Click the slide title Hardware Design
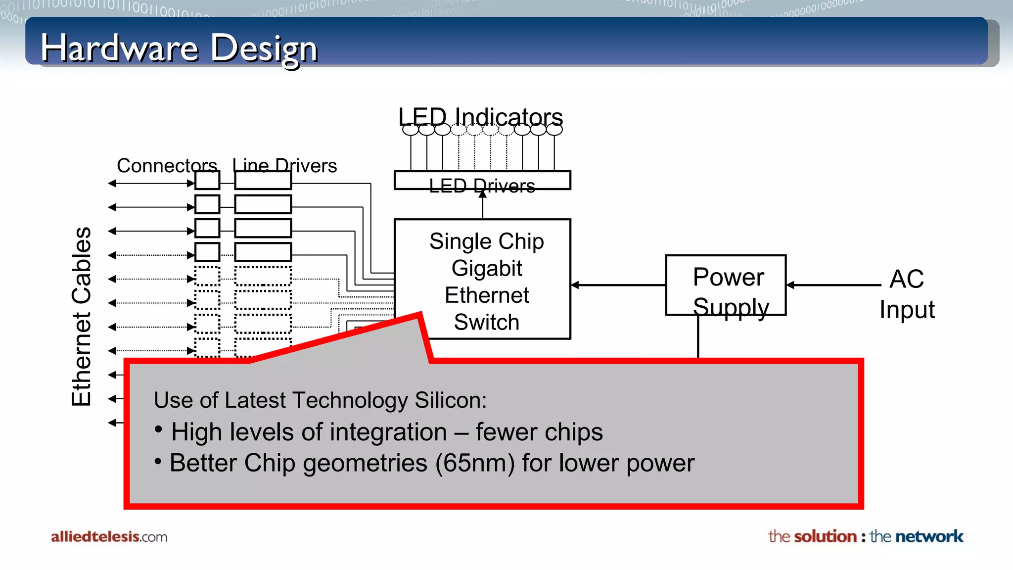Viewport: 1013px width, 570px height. click(x=179, y=48)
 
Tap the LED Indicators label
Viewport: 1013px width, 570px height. click(x=480, y=117)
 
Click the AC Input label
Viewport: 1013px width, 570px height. click(x=907, y=294)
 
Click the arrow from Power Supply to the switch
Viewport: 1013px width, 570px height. click(x=618, y=285)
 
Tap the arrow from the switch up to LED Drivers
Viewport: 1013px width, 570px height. click(x=483, y=205)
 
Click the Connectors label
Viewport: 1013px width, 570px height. click(x=167, y=165)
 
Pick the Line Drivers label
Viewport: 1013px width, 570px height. click(x=285, y=165)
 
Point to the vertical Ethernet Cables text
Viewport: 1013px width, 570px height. click(x=82, y=317)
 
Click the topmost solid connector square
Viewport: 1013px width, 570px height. click(x=207, y=181)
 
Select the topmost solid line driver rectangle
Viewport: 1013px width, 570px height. click(x=263, y=181)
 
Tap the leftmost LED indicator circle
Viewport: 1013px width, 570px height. click(x=411, y=130)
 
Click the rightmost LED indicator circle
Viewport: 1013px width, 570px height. click(x=554, y=130)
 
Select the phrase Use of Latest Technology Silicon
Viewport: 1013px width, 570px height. click(x=320, y=400)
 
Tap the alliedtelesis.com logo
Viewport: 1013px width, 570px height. click(x=109, y=537)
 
